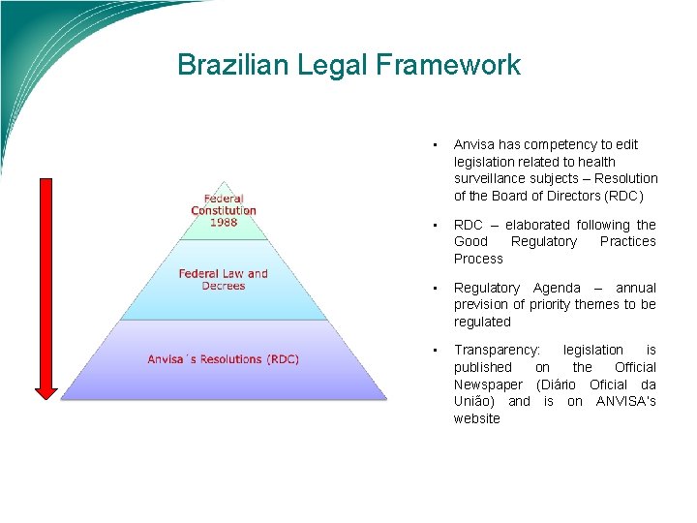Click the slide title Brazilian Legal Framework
coord(348,65)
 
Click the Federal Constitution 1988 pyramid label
coord(224,210)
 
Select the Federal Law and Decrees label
coord(224,279)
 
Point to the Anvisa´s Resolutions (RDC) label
coord(224,359)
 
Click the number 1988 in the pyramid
coord(224,222)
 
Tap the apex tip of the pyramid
coord(225,182)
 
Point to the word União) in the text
coord(475,401)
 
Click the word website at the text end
coord(476,418)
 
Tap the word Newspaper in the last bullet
coord(487,385)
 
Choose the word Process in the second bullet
coord(478,259)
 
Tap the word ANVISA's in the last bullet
coord(625,401)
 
